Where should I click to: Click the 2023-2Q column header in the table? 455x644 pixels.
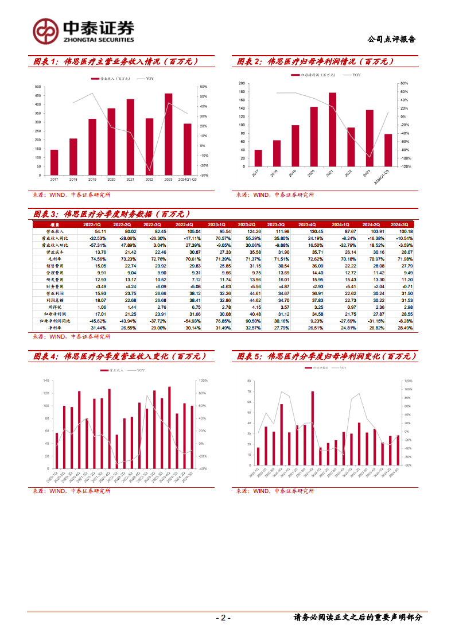tap(248, 224)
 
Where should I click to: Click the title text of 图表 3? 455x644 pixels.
tap(116, 214)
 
